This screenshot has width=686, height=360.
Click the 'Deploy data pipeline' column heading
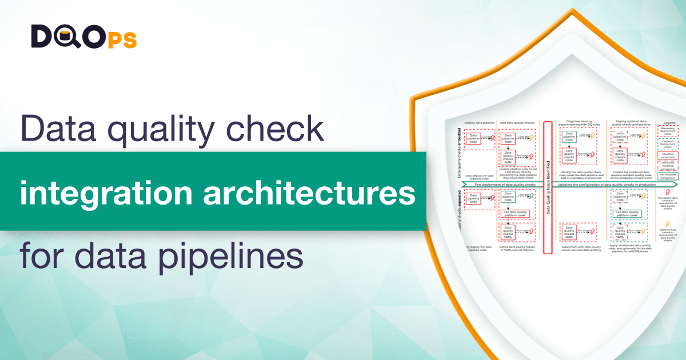pyautogui.click(x=479, y=122)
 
